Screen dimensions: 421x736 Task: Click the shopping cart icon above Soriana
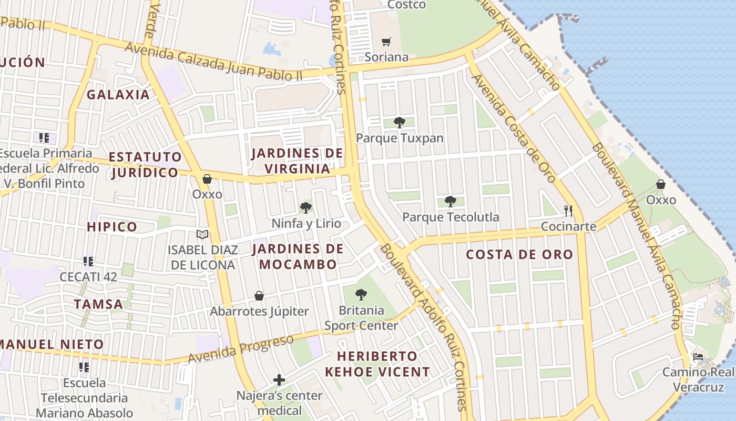[386, 42]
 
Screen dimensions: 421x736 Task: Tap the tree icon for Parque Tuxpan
[400, 123]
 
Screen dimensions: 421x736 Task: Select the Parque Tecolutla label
[451, 217]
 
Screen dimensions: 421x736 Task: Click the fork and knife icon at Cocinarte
[568, 211]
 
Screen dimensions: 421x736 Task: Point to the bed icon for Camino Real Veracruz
[698, 357]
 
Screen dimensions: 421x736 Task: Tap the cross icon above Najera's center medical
[279, 379]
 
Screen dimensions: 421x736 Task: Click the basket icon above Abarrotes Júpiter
[259, 296]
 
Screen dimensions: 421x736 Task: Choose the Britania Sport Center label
[361, 318]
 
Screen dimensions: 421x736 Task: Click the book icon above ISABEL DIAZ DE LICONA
[202, 234]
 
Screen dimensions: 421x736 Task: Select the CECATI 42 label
[88, 277]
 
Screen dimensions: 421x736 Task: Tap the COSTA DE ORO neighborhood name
[519, 255]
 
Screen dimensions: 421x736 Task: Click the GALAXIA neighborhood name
[118, 95]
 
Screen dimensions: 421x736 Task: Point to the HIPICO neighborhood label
[111, 227]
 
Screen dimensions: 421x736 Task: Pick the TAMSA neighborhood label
[98, 304]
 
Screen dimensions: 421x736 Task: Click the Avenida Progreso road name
[241, 348]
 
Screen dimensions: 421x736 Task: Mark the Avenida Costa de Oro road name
[514, 128]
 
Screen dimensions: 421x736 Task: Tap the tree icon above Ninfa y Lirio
[305, 208]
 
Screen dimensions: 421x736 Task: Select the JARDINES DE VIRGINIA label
[297, 161]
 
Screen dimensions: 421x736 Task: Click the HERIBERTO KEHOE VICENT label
[377, 364]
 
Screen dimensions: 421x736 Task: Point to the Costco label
[406, 5]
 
